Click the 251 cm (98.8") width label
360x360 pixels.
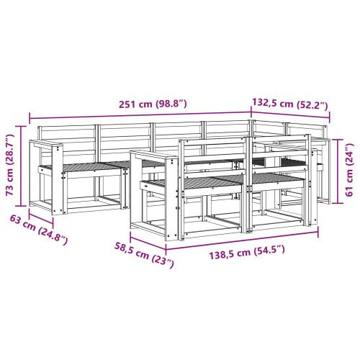tap(152, 104)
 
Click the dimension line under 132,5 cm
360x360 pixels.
tap(291, 112)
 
